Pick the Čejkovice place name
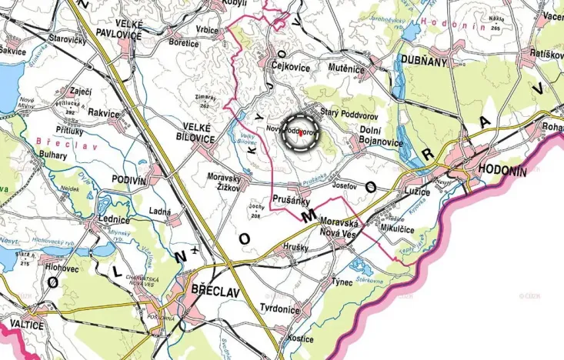(290, 68)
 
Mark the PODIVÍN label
(128, 180)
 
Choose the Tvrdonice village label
(279, 309)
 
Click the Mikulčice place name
(399, 228)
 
